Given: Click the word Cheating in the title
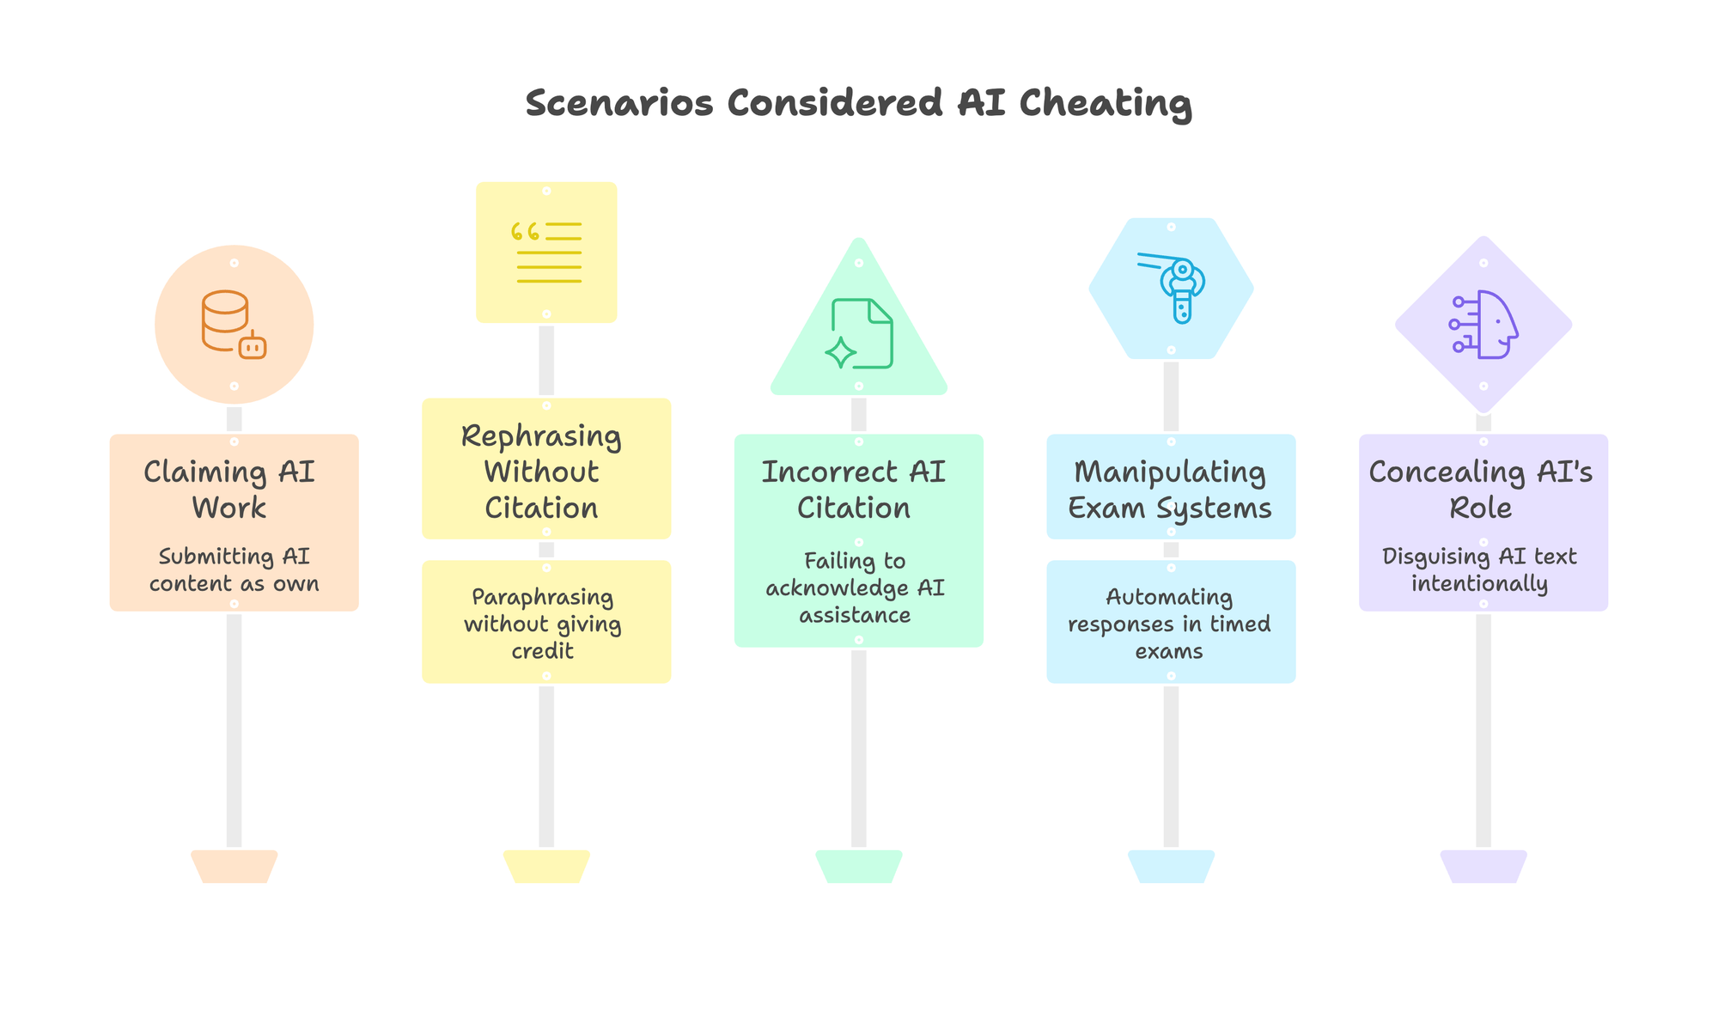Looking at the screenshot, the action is [x=1106, y=104].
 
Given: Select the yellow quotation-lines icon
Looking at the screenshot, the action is [x=546, y=253].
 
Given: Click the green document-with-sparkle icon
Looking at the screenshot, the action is [x=859, y=333].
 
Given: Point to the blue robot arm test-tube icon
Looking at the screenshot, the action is [x=1172, y=288].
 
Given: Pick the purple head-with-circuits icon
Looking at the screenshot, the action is [x=1483, y=325].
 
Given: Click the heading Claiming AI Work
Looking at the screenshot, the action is [x=229, y=490].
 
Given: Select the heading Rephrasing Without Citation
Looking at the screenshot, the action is [x=542, y=472].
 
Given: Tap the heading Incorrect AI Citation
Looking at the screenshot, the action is [x=854, y=490].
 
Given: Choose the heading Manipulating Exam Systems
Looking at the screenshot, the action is [x=1170, y=490].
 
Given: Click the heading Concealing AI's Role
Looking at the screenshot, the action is [x=1481, y=490].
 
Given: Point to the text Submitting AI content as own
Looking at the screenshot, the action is [x=234, y=570].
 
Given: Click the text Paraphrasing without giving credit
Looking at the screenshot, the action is [x=543, y=624].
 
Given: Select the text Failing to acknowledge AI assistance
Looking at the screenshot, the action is [x=856, y=588].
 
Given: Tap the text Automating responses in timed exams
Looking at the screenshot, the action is [x=1169, y=624].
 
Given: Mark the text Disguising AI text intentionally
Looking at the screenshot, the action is [x=1480, y=570].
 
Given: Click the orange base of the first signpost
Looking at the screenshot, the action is [x=234, y=866].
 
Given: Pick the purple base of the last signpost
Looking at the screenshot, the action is [x=1483, y=866].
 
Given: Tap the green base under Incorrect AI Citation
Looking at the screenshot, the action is [x=859, y=866].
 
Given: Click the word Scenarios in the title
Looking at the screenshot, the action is [x=619, y=104].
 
